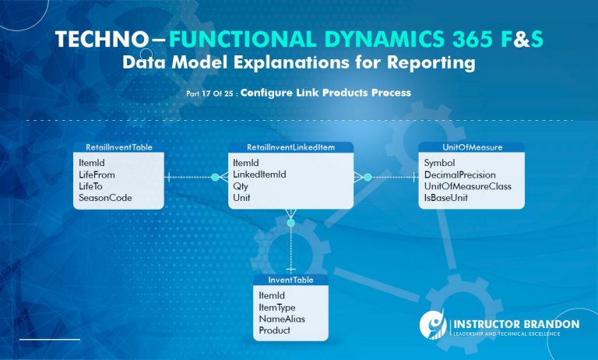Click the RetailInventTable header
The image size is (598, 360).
click(118, 146)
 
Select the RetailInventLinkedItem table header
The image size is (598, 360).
click(290, 146)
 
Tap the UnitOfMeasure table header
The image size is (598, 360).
click(471, 146)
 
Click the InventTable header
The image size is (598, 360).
click(290, 280)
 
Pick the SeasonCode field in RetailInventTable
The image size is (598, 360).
click(105, 198)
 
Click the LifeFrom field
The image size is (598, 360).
click(97, 175)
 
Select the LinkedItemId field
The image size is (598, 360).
click(259, 175)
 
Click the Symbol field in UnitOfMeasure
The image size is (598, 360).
click(439, 163)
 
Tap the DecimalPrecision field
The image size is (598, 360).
click(460, 175)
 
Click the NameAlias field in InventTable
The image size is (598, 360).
click(281, 319)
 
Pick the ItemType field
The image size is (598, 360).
click(277, 307)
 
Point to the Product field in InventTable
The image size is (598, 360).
click(274, 330)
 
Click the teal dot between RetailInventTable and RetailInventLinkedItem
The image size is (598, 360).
click(216, 178)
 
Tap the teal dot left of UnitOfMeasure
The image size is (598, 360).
click(368, 178)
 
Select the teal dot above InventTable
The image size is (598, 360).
click(291, 223)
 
